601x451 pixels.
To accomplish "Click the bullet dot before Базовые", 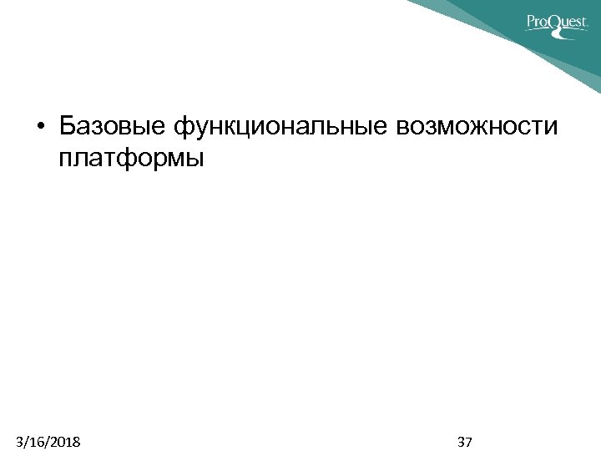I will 41,127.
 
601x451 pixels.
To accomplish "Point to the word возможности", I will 477,127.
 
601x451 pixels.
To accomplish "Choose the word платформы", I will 131,157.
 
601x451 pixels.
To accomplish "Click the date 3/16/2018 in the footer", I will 48,441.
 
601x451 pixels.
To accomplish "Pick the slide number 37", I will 466,441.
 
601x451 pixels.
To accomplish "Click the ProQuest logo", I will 557,23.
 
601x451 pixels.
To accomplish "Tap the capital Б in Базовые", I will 68,126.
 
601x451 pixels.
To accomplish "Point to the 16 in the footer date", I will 35,441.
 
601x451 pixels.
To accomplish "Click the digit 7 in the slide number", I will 470,441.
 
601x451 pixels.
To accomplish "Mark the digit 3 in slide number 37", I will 462,441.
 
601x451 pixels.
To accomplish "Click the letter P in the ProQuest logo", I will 532,22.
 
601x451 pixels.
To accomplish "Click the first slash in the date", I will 26,441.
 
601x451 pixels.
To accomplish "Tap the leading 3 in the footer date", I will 19,441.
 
